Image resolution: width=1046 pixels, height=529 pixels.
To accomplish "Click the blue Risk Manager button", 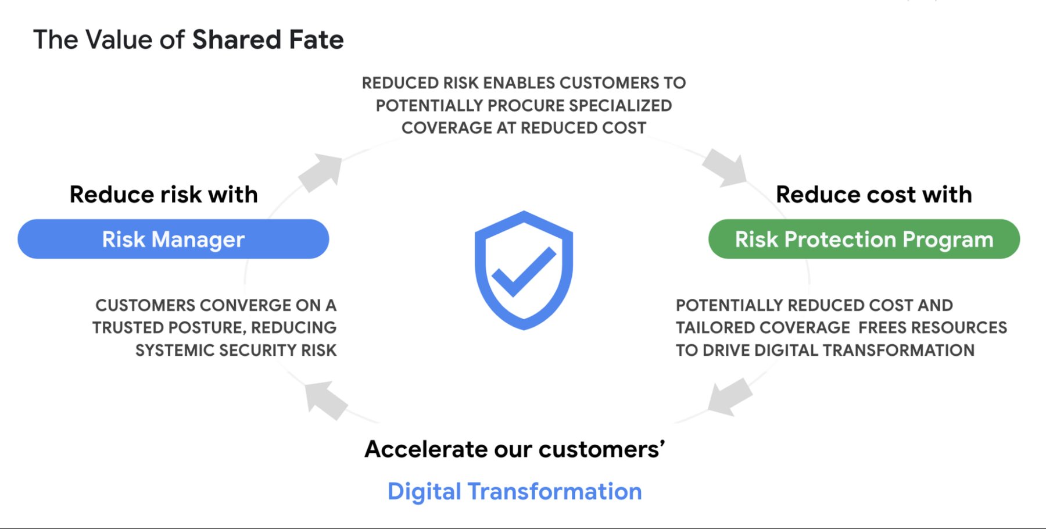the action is pos(173,239).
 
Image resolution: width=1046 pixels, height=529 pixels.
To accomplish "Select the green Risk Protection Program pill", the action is pos(864,239).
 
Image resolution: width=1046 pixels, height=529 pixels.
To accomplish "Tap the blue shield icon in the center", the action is pos(524,270).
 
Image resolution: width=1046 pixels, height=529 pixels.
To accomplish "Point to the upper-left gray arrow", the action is pos(320,172).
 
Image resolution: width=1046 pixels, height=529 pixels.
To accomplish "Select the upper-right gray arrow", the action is pos(725,167).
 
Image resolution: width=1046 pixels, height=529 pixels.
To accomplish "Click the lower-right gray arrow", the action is pos(730,396).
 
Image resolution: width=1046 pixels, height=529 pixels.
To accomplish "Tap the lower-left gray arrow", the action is pos(326,400).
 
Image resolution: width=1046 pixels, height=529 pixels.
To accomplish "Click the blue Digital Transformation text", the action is pos(515,491).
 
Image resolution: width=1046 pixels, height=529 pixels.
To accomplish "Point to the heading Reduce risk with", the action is pos(164,194).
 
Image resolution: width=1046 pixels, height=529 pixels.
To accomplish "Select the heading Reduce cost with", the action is pos(874,194).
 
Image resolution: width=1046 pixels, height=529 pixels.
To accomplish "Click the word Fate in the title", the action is pos(317,40).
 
